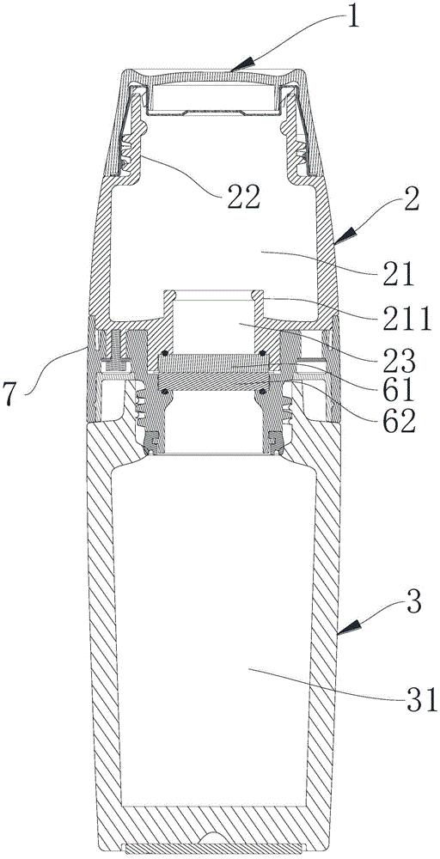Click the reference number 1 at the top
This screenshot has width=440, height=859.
pyautogui.click(x=353, y=15)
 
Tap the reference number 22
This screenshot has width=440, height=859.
pyautogui.click(x=241, y=199)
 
